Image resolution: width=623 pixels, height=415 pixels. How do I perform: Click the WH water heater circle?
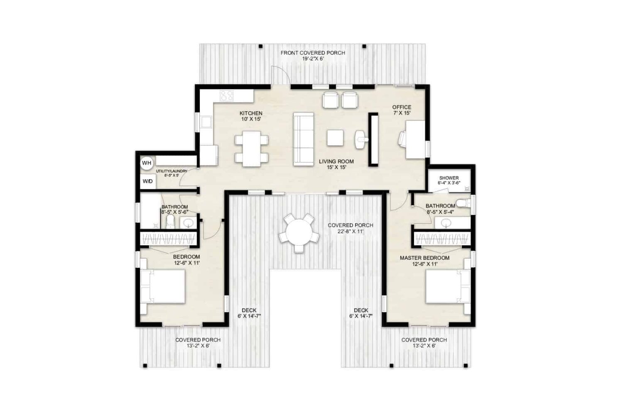point(147,163)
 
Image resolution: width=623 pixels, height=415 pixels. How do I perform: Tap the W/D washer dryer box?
point(147,181)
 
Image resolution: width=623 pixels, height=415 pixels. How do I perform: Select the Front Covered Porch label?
point(313,56)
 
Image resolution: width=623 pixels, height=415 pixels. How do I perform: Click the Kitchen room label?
point(251,116)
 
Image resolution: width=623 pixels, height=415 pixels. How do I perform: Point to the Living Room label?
point(336,164)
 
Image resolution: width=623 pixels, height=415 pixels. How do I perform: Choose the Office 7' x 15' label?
point(402,110)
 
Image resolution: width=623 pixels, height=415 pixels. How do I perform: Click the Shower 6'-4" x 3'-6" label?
point(449,180)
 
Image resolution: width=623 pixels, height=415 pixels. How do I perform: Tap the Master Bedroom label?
point(424,261)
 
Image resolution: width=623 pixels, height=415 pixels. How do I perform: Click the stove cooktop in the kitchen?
point(227,96)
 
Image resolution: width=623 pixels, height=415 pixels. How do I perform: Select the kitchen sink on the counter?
point(206,122)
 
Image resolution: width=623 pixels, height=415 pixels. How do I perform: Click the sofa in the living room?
point(304,139)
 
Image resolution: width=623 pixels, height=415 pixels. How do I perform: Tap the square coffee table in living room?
point(335,138)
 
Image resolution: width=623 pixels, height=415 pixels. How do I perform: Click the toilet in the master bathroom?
point(462,203)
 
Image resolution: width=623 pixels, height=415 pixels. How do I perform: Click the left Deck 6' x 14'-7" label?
point(249,313)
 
